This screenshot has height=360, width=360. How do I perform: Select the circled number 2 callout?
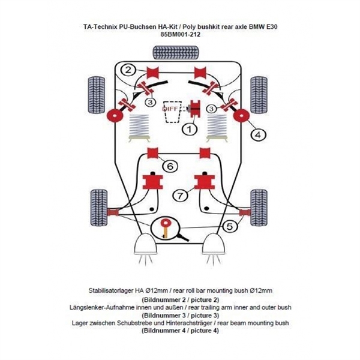[x=128, y=70]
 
